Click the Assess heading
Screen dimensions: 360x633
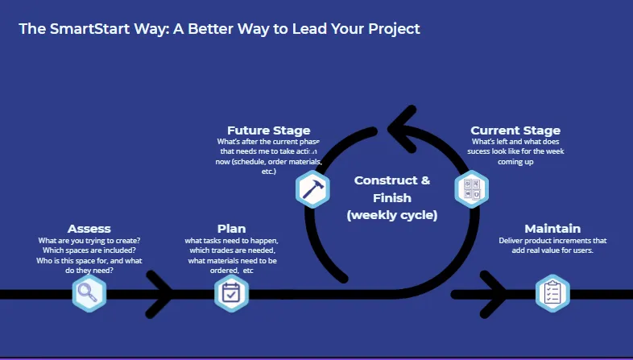point(89,229)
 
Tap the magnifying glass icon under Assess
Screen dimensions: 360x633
point(89,293)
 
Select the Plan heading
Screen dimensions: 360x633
point(231,229)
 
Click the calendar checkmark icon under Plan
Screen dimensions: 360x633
point(231,293)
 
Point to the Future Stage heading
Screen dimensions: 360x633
point(268,130)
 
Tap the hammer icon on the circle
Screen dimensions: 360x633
point(312,189)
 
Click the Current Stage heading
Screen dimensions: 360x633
point(515,130)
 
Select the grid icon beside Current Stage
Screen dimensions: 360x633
point(471,189)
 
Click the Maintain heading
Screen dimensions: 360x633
point(552,229)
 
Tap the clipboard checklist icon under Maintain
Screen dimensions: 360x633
point(552,293)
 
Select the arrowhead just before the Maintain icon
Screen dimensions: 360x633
point(493,293)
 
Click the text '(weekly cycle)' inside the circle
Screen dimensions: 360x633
point(392,215)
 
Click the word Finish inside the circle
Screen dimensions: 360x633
point(392,197)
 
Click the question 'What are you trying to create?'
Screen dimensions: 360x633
point(89,241)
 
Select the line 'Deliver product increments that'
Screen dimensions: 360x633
point(552,241)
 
